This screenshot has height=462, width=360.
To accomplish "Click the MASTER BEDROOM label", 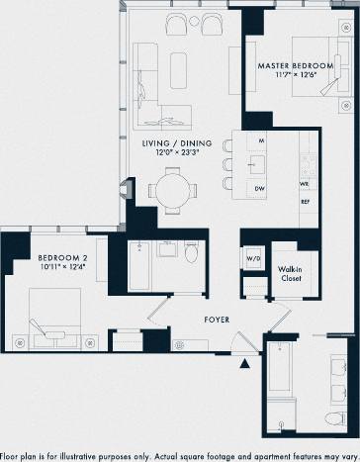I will [297, 66].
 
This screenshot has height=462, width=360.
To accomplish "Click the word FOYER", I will [217, 320].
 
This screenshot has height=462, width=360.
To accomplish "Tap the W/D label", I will [252, 260].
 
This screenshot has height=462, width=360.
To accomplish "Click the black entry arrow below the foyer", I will [245, 365].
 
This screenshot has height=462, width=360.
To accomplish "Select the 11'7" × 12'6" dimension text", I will [297, 78].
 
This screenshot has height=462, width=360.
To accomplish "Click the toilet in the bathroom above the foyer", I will [193, 253].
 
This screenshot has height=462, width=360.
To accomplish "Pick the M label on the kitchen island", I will [262, 141].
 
